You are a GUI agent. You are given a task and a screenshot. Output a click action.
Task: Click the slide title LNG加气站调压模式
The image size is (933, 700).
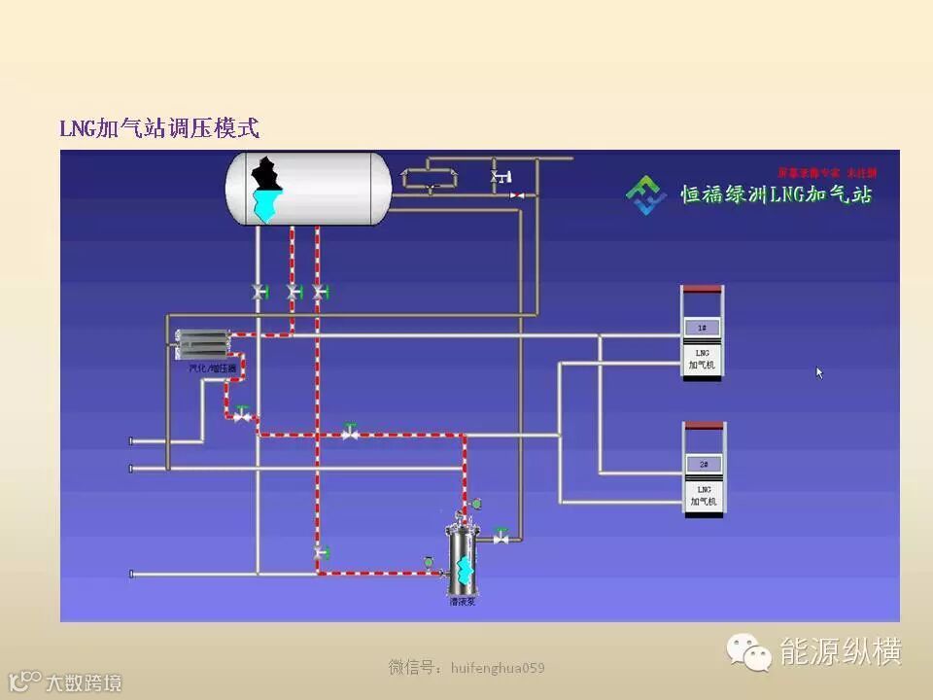tap(160, 128)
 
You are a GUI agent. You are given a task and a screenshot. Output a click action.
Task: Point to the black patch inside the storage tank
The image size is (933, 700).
tap(266, 175)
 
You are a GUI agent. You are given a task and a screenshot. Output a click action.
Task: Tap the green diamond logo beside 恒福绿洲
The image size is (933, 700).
tap(645, 193)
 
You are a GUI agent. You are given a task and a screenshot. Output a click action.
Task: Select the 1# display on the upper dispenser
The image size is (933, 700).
tap(702, 328)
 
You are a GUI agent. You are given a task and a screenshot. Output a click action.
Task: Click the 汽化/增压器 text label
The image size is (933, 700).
tap(213, 368)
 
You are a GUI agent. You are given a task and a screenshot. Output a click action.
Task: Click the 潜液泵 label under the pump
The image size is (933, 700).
tap(462, 602)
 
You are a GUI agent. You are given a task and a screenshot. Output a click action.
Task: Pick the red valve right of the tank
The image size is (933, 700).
tap(517, 195)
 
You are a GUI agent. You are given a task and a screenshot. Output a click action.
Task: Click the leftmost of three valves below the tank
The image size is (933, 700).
tap(259, 291)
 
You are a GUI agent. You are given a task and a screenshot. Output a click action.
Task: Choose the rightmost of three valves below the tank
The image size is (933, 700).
tap(320, 291)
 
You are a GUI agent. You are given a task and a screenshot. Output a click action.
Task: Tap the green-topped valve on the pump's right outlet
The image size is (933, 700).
tap(501, 535)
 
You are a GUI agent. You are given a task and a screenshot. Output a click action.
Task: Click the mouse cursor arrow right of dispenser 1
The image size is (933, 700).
tap(819, 371)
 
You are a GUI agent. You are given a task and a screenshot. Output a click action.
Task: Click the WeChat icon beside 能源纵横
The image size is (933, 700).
tap(751, 652)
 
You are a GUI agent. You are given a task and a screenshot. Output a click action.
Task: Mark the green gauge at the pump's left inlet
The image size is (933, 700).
tap(428, 561)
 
